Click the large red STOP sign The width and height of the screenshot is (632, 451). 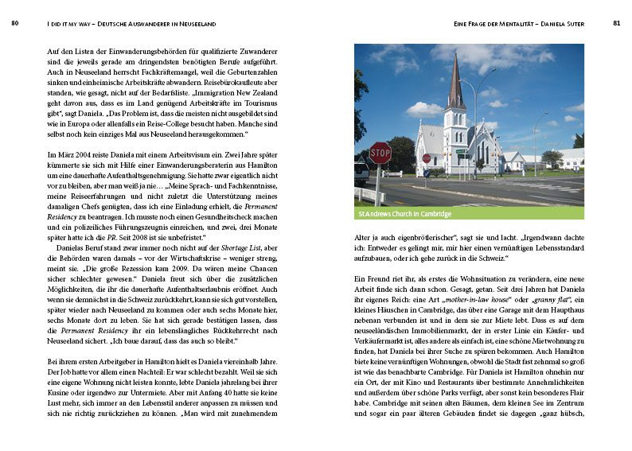pos(380,153)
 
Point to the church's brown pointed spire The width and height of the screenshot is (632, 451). pos(455,84)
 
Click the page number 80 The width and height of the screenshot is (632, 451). pos(15,24)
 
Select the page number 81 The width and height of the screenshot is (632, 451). pos(617,24)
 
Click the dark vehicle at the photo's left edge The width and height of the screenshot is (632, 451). pos(361,171)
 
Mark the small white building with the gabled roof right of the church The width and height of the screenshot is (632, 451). pos(512,160)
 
